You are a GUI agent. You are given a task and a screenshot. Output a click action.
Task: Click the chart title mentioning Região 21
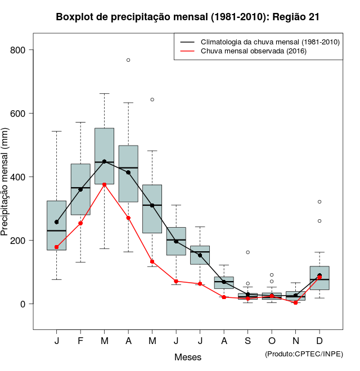point(188,17)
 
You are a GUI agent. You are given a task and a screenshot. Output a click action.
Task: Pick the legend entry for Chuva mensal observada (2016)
point(251,51)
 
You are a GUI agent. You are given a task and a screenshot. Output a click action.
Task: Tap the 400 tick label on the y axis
point(19,177)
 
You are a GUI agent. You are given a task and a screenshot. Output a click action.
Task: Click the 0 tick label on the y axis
point(24,304)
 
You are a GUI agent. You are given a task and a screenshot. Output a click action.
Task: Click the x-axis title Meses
point(188,357)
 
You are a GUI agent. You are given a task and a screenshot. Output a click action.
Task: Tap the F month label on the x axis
point(80,341)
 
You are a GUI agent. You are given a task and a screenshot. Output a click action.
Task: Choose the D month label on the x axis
point(319,341)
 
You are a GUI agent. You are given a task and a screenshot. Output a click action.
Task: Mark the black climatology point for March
point(104,162)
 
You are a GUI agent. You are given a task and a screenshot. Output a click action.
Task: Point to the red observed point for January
point(56,247)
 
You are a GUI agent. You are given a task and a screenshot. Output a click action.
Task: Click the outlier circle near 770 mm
point(128,60)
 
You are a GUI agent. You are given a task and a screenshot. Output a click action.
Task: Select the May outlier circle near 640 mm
point(152,99)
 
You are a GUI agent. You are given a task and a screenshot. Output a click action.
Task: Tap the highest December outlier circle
point(319,201)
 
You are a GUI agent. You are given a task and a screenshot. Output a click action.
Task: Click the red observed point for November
point(295,302)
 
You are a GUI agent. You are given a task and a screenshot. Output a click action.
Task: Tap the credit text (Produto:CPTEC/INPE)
point(304,354)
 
